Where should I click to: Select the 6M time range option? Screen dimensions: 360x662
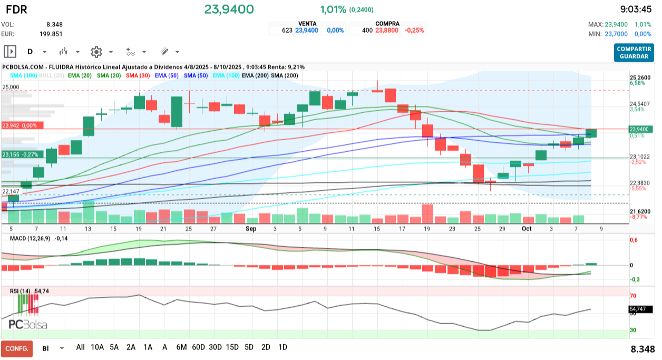coord(181,347)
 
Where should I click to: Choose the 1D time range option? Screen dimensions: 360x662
coord(283,347)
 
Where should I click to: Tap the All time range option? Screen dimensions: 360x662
coord(80,347)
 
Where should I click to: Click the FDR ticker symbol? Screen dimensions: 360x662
coord(16,9)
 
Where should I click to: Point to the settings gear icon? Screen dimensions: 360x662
coord(96,52)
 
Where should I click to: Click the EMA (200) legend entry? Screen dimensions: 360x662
coord(254,76)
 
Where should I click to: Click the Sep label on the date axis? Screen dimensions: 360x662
coord(251,229)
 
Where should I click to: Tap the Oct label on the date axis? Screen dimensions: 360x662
coord(527,229)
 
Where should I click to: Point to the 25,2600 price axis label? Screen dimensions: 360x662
coord(640,77)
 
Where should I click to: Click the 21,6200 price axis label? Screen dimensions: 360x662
coord(640,211)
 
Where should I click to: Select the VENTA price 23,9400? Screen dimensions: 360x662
coord(307,31)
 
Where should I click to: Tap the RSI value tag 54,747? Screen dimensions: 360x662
coord(640,310)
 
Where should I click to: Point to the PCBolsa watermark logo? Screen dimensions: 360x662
coord(28,324)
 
